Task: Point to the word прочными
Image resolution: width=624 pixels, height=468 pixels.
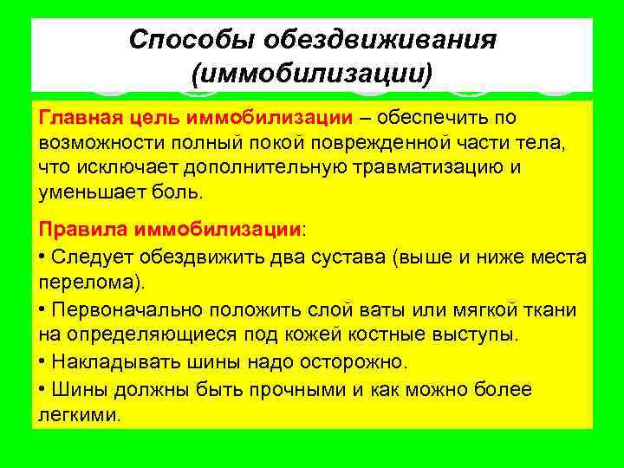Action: point(296,390)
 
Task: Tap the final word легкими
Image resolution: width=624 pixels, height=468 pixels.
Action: point(80,414)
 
